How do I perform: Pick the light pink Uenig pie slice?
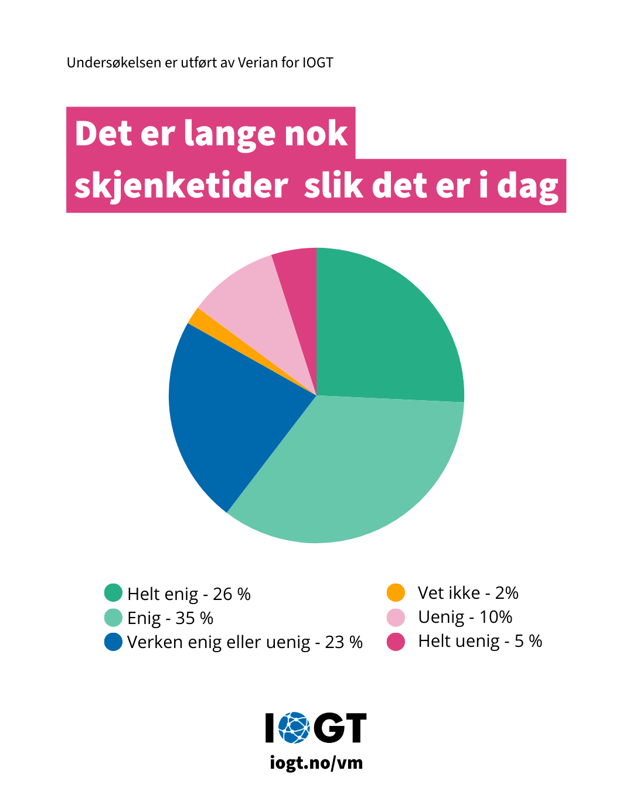pos(258,311)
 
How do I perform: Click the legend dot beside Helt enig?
pos(113,593)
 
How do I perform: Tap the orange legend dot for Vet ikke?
pos(396,592)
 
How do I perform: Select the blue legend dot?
pos(113,642)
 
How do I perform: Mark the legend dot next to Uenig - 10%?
pos(396,617)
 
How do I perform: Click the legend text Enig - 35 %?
pos(170,618)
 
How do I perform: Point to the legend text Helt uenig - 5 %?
pos(480,641)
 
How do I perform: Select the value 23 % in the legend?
pos(344,642)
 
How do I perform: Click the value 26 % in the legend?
pos(232,594)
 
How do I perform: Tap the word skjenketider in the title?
pos(181,186)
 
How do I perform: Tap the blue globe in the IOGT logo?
pos(294,728)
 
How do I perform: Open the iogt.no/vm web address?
pos(316,763)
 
